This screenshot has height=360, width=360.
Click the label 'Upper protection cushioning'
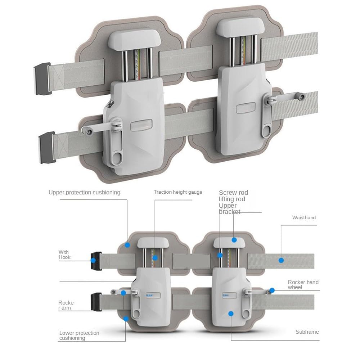point(84,192)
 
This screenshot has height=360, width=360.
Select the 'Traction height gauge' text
point(178,192)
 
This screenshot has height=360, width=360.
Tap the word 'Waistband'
point(304,217)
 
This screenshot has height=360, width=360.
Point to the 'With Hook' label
point(64,255)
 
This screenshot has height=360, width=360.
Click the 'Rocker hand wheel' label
point(303,285)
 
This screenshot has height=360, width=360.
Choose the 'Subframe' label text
point(307,332)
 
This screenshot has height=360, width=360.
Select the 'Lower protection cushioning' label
point(79,336)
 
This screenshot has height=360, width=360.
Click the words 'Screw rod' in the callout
point(233,193)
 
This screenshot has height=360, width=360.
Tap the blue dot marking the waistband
point(281,260)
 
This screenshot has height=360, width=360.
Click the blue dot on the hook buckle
point(93,260)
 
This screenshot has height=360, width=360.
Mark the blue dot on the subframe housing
point(231,314)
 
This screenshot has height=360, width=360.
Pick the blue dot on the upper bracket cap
point(234,240)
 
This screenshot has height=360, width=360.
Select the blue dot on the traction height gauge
point(155,258)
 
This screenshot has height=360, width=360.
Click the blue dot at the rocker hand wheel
point(273,290)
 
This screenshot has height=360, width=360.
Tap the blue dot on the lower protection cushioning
point(126,319)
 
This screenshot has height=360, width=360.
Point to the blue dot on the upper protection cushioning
point(127,245)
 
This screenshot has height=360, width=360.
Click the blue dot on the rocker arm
point(123,293)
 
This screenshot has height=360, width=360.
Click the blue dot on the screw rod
point(220,255)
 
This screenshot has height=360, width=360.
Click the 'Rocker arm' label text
point(66,305)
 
